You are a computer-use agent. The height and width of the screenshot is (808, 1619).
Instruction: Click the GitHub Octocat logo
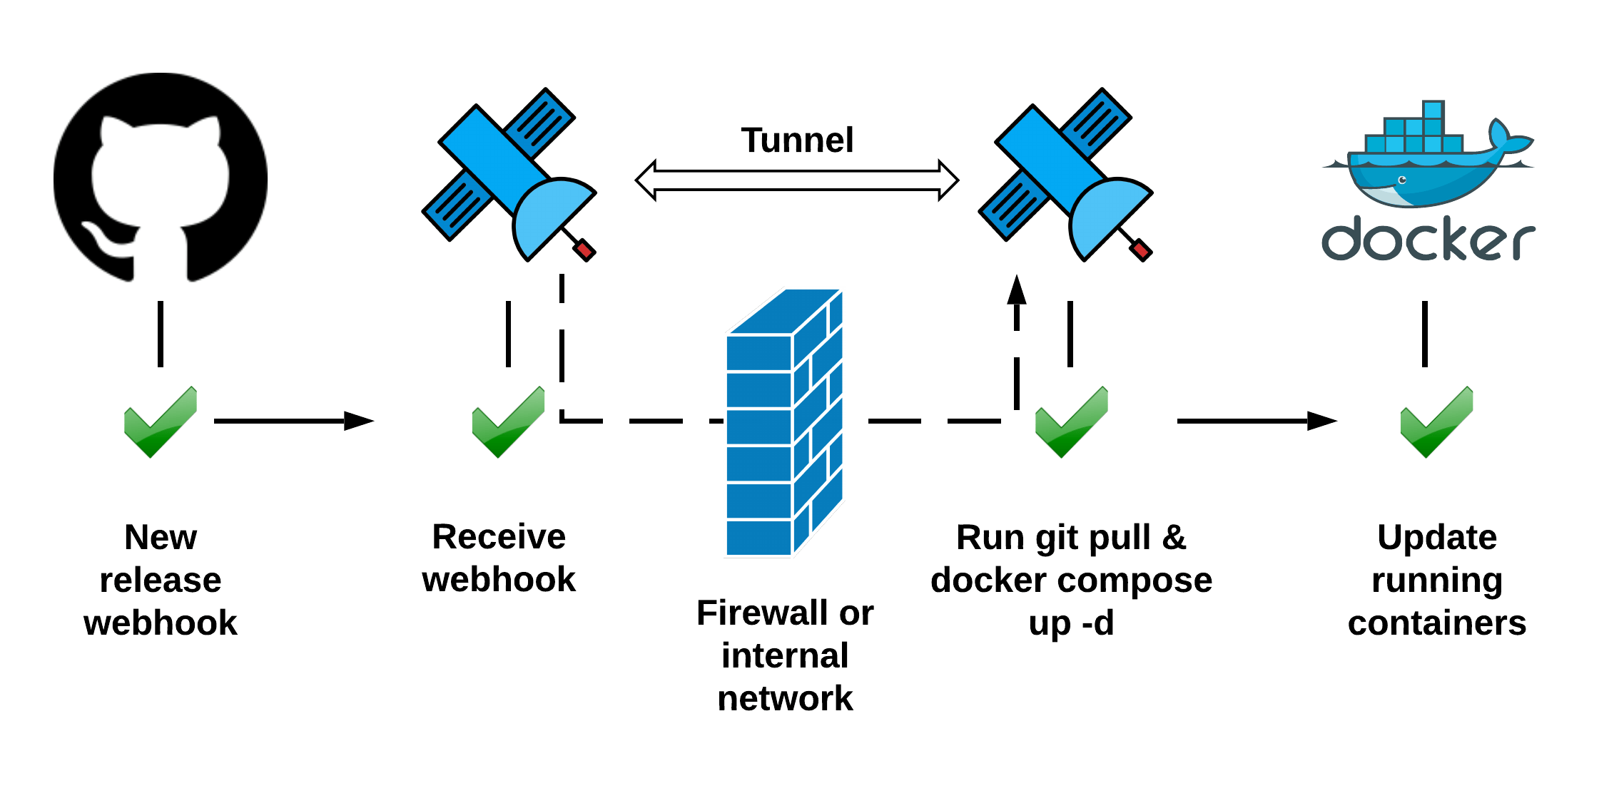[161, 177]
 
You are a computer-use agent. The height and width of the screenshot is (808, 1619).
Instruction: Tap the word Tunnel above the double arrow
[797, 140]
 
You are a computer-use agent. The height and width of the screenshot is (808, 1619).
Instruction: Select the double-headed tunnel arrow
[797, 180]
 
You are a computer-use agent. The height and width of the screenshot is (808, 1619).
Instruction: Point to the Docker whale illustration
[1427, 160]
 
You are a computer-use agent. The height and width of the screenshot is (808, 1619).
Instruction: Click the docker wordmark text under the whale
[1427, 240]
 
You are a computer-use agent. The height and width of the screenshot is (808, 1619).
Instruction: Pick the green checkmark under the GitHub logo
[160, 422]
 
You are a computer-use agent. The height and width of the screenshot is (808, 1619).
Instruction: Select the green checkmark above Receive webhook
[508, 422]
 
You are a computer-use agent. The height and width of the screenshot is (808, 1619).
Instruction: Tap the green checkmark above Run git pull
[1071, 422]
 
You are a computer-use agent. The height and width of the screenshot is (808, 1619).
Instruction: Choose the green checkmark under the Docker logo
[1436, 422]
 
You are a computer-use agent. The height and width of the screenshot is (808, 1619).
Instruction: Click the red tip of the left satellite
[584, 250]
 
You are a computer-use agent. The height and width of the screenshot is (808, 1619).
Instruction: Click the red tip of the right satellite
[1140, 250]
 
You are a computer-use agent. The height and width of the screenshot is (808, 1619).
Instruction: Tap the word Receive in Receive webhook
[499, 536]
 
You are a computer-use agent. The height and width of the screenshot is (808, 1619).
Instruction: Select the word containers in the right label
[1436, 623]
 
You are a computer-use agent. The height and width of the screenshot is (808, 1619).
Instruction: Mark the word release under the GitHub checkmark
[161, 580]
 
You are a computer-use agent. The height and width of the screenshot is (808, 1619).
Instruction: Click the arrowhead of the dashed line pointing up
[1017, 290]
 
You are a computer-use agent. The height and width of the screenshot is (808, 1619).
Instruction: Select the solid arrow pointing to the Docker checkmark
[1256, 421]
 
